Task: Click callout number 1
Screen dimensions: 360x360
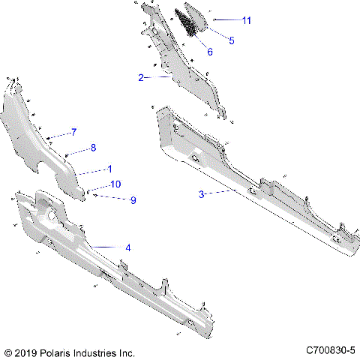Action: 109,168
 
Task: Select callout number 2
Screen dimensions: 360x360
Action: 141,77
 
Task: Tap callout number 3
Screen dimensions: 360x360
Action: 202,193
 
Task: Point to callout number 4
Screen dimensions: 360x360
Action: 127,247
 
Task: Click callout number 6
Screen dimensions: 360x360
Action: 209,52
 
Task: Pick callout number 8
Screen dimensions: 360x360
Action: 93,148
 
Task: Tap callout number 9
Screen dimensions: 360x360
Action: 133,200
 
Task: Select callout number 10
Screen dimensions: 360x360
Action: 115,184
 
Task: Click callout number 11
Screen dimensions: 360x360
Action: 246,20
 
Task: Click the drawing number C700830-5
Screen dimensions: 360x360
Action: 330,350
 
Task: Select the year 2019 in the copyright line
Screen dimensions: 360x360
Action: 26,351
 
